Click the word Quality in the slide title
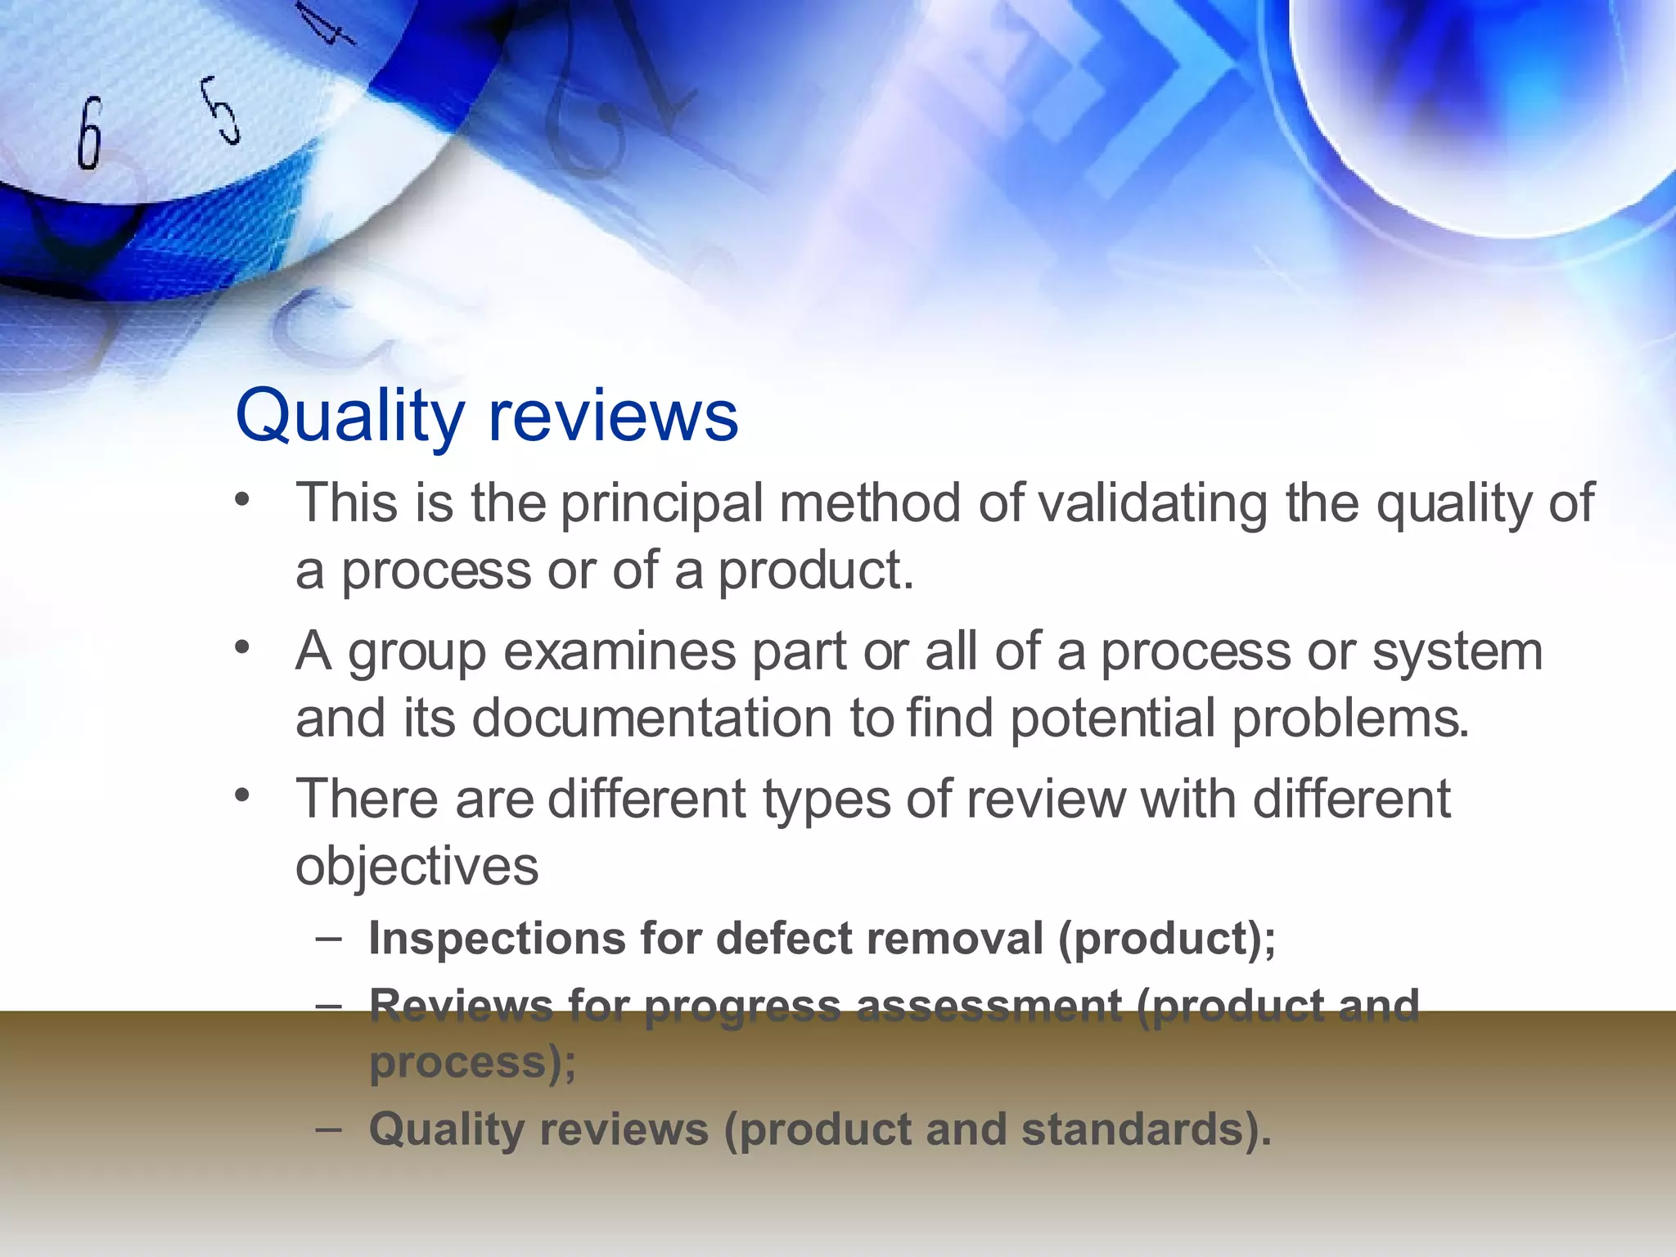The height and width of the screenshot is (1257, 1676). click(349, 417)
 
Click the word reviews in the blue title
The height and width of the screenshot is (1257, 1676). click(613, 416)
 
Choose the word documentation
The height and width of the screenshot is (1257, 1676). click(652, 719)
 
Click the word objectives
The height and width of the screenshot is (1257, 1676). click(417, 867)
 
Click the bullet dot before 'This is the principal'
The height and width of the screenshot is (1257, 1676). click(241, 499)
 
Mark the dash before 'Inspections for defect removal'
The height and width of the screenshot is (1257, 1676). click(328, 938)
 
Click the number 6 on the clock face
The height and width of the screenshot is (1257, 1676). click(90, 133)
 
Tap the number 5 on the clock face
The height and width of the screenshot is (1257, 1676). click(221, 110)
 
